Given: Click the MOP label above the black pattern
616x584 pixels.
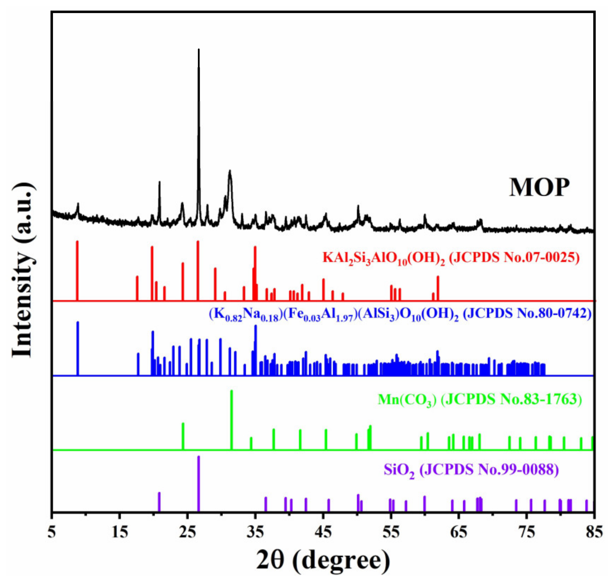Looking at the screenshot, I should tap(539, 187).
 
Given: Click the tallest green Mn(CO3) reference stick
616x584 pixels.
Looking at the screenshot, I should tap(231, 419).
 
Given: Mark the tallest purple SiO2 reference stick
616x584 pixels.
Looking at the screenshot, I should tap(199, 483).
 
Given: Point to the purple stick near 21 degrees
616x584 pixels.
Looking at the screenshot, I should tap(159, 502).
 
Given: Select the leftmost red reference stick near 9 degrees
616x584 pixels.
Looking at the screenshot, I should tap(77, 271).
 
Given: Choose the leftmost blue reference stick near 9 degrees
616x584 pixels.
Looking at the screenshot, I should tap(78, 348).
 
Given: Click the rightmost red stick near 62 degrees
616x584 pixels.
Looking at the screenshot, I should tap(438, 288).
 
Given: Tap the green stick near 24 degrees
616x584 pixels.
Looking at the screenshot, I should tap(183, 436).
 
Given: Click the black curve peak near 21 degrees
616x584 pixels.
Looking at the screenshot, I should tap(159, 183).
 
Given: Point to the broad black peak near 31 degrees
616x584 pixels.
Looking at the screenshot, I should tap(230, 172).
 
